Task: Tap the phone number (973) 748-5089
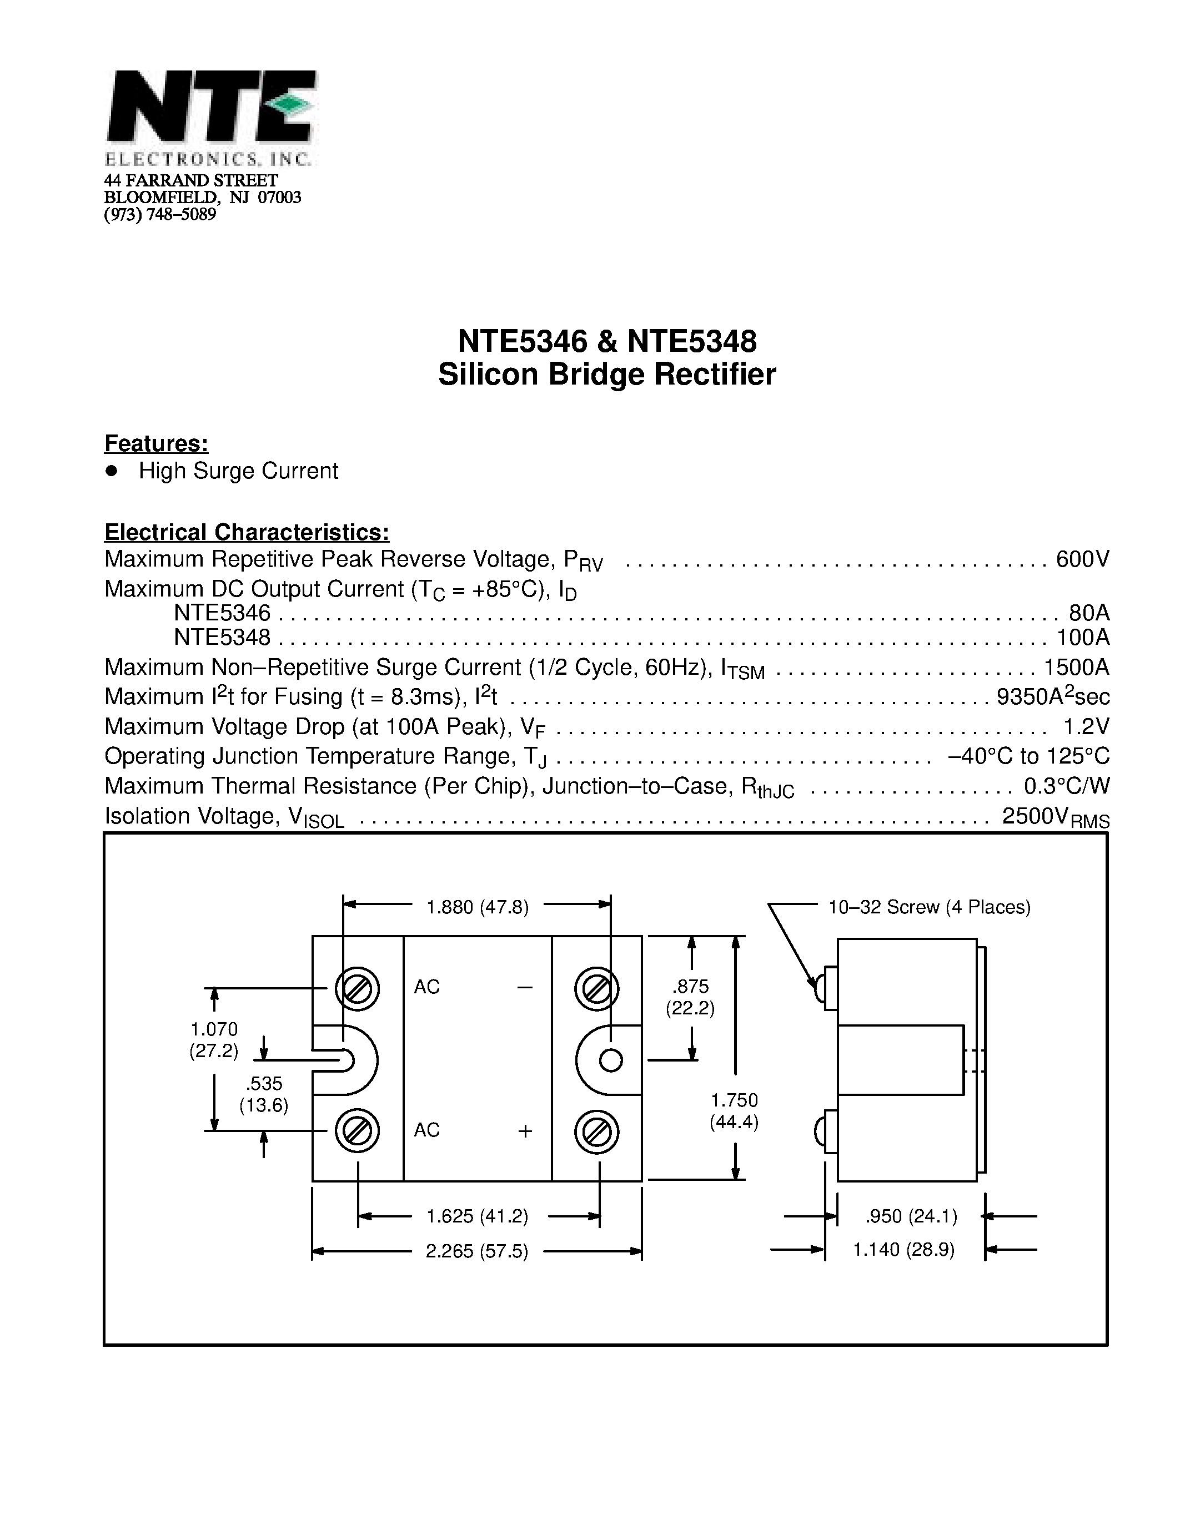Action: [160, 215]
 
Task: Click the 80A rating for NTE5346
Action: [1089, 613]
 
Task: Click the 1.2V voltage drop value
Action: [1086, 727]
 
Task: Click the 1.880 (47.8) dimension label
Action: [478, 907]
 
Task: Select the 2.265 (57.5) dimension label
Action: [477, 1251]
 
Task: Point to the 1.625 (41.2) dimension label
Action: [478, 1216]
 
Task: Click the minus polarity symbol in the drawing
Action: [525, 987]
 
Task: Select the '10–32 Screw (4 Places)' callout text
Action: [929, 907]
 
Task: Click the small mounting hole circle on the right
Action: [611, 1060]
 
